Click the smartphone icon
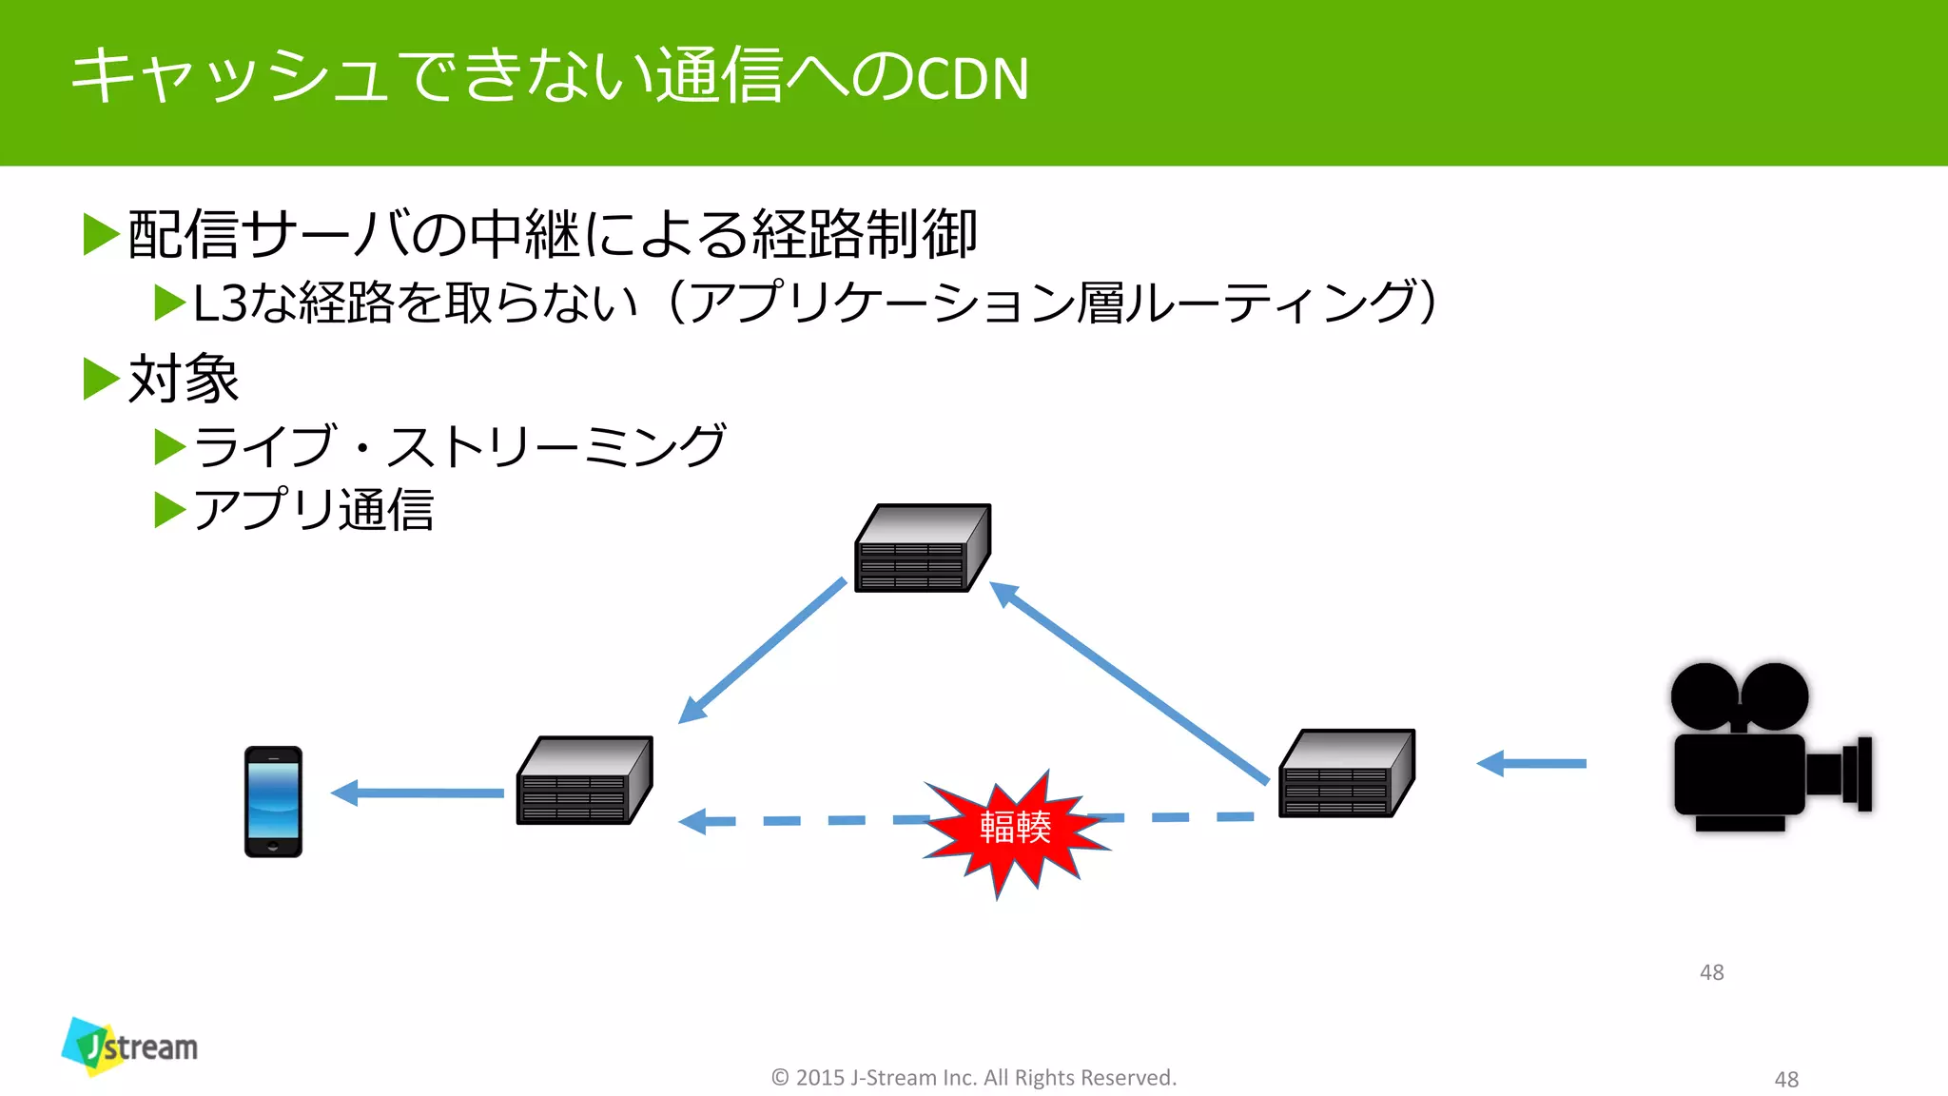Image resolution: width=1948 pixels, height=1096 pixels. [x=273, y=801]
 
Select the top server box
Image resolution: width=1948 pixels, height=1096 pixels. [x=922, y=549]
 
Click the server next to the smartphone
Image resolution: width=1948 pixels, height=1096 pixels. [x=584, y=780]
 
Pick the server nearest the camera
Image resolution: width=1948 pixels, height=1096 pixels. [x=1346, y=773]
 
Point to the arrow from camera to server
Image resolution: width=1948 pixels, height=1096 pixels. [x=1531, y=763]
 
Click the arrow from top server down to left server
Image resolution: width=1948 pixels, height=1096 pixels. [x=761, y=652]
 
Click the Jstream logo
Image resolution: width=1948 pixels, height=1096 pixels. [x=130, y=1047]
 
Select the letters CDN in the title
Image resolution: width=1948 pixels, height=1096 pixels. [x=972, y=79]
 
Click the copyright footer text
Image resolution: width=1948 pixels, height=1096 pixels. [x=973, y=1077]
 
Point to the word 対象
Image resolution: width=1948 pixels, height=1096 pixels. [x=183, y=379]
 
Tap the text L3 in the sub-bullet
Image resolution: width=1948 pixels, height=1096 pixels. [x=220, y=303]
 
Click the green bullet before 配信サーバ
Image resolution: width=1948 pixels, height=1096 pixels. [x=101, y=235]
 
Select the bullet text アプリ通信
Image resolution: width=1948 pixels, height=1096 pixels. [x=313, y=510]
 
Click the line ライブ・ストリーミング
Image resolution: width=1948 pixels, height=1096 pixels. [x=459, y=446]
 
